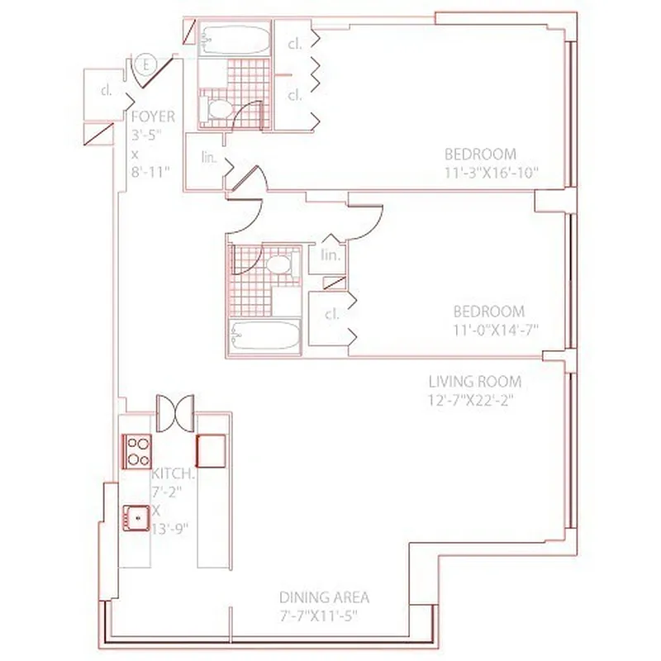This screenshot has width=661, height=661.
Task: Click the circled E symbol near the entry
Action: point(146,64)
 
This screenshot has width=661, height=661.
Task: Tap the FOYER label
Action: point(153,117)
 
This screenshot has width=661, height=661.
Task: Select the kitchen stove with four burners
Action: point(137,451)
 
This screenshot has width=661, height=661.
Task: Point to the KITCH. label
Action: point(173,474)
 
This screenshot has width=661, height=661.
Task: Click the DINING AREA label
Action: point(324,597)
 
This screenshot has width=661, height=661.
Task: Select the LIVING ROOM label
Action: point(474,382)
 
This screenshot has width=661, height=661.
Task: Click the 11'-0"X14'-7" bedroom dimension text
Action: point(494,331)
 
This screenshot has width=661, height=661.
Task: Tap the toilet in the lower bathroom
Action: point(279,265)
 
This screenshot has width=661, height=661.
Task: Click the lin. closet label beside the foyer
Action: point(209,158)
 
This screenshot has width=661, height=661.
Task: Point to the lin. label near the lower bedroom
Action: point(330,255)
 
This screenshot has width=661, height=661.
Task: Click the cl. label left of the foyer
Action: point(107,91)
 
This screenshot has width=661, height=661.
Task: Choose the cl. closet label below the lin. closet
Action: point(332,314)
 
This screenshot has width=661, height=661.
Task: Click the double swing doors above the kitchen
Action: point(175,411)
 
